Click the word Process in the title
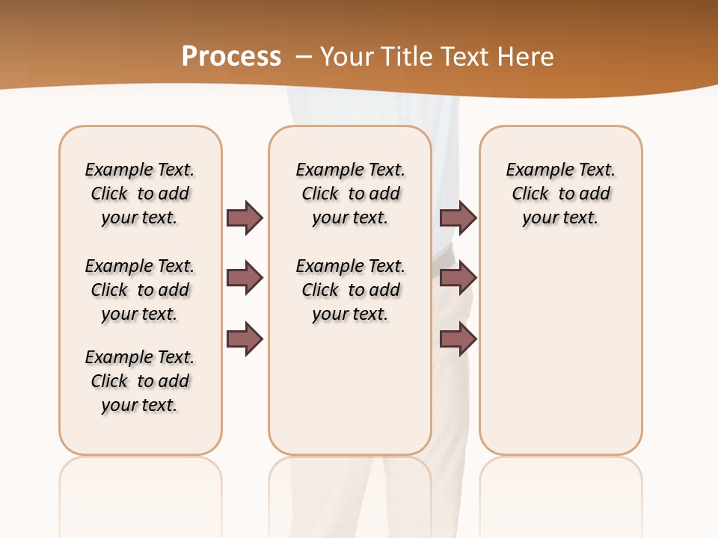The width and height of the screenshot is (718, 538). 231,57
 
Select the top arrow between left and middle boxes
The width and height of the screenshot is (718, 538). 245,217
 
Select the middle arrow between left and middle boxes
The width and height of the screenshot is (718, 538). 245,279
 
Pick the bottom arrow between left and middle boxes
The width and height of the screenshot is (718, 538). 245,339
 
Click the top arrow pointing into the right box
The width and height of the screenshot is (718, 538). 458,217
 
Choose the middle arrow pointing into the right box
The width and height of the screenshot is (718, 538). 458,279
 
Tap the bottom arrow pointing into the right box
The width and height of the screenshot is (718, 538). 458,339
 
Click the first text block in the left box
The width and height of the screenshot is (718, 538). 140,194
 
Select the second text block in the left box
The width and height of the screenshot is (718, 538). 140,290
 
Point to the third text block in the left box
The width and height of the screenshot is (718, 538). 140,381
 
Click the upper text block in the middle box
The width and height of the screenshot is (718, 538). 351,194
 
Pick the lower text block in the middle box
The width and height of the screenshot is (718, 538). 351,290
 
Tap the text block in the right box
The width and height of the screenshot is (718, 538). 561,194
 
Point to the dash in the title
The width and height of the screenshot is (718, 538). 304,57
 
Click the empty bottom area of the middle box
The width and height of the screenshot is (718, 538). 351,396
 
